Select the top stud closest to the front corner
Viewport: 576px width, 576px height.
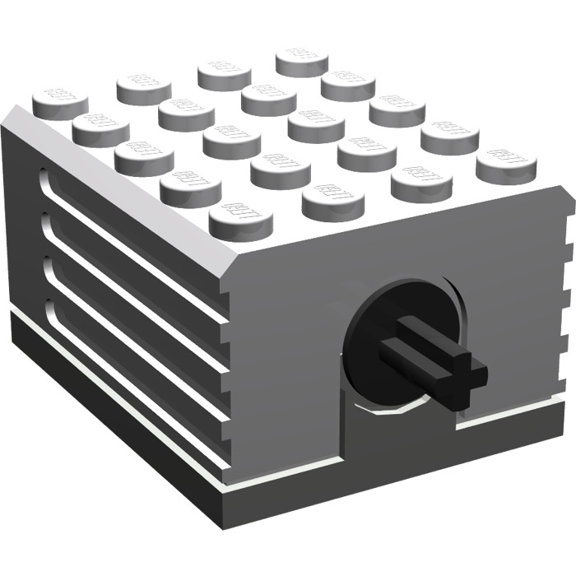pyautogui.click(x=241, y=221)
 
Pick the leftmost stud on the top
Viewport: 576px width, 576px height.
pyautogui.click(x=59, y=103)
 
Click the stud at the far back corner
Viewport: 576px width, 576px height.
pyautogui.click(x=301, y=60)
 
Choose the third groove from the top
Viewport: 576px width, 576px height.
pyautogui.click(x=132, y=317)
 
